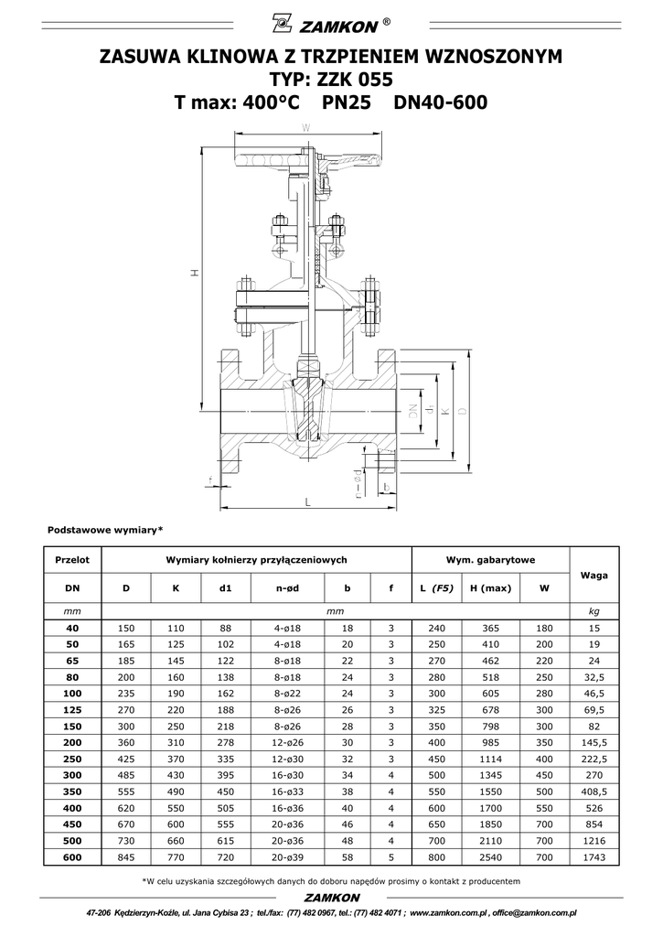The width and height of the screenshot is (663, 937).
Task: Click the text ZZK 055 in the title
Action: tap(358, 80)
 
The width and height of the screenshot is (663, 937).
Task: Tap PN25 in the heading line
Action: tap(347, 102)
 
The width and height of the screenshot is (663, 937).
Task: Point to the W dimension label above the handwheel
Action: tap(305, 127)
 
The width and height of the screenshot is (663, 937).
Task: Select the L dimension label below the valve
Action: tap(307, 502)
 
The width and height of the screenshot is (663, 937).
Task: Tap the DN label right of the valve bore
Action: tap(412, 410)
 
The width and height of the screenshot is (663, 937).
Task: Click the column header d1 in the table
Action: tap(225, 588)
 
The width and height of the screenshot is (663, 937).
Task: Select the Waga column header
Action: tap(593, 575)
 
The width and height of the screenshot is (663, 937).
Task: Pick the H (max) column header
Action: tap(491, 588)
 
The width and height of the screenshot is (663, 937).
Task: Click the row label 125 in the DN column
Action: tap(72, 710)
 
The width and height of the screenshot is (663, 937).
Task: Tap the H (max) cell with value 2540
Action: tap(491, 856)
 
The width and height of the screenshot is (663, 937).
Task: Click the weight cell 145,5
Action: tap(593, 743)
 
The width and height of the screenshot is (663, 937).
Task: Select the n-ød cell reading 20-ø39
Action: tap(287, 856)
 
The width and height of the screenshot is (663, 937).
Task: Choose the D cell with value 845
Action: tap(126, 856)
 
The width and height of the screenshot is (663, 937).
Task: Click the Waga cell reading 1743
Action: tap(593, 856)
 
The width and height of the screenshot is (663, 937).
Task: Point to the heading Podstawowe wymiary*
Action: tap(105, 530)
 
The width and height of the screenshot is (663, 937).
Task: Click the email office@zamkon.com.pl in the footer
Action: tap(534, 913)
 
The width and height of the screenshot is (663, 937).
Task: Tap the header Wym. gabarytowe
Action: tap(490, 560)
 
